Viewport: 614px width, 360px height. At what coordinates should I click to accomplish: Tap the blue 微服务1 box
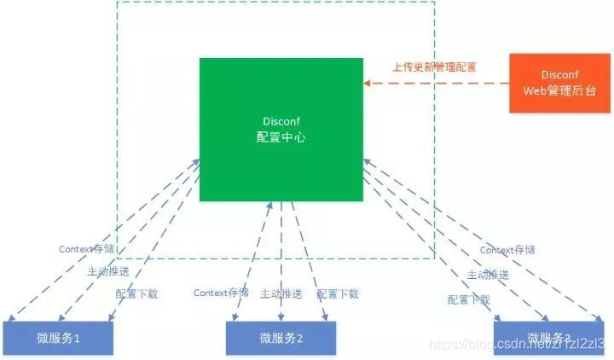point(57,338)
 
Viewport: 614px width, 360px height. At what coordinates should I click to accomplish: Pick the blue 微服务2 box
point(281,338)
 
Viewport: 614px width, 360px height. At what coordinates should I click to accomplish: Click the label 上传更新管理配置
point(434,67)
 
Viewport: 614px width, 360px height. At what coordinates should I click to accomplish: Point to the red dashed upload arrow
point(435,83)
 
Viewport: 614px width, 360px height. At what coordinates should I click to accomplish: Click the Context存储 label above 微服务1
point(86,249)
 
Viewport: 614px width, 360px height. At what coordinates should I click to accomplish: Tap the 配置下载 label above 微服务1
point(136,293)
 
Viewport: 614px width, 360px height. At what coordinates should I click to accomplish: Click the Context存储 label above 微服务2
point(221,293)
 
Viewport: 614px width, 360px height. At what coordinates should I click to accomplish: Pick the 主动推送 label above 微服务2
point(281,293)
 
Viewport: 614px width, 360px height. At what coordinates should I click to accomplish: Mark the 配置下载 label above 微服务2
point(338,293)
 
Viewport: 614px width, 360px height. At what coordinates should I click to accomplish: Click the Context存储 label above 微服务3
point(507,250)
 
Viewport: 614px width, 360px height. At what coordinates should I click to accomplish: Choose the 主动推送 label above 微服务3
point(488,275)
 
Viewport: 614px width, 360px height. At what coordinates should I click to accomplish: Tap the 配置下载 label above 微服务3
point(468,299)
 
